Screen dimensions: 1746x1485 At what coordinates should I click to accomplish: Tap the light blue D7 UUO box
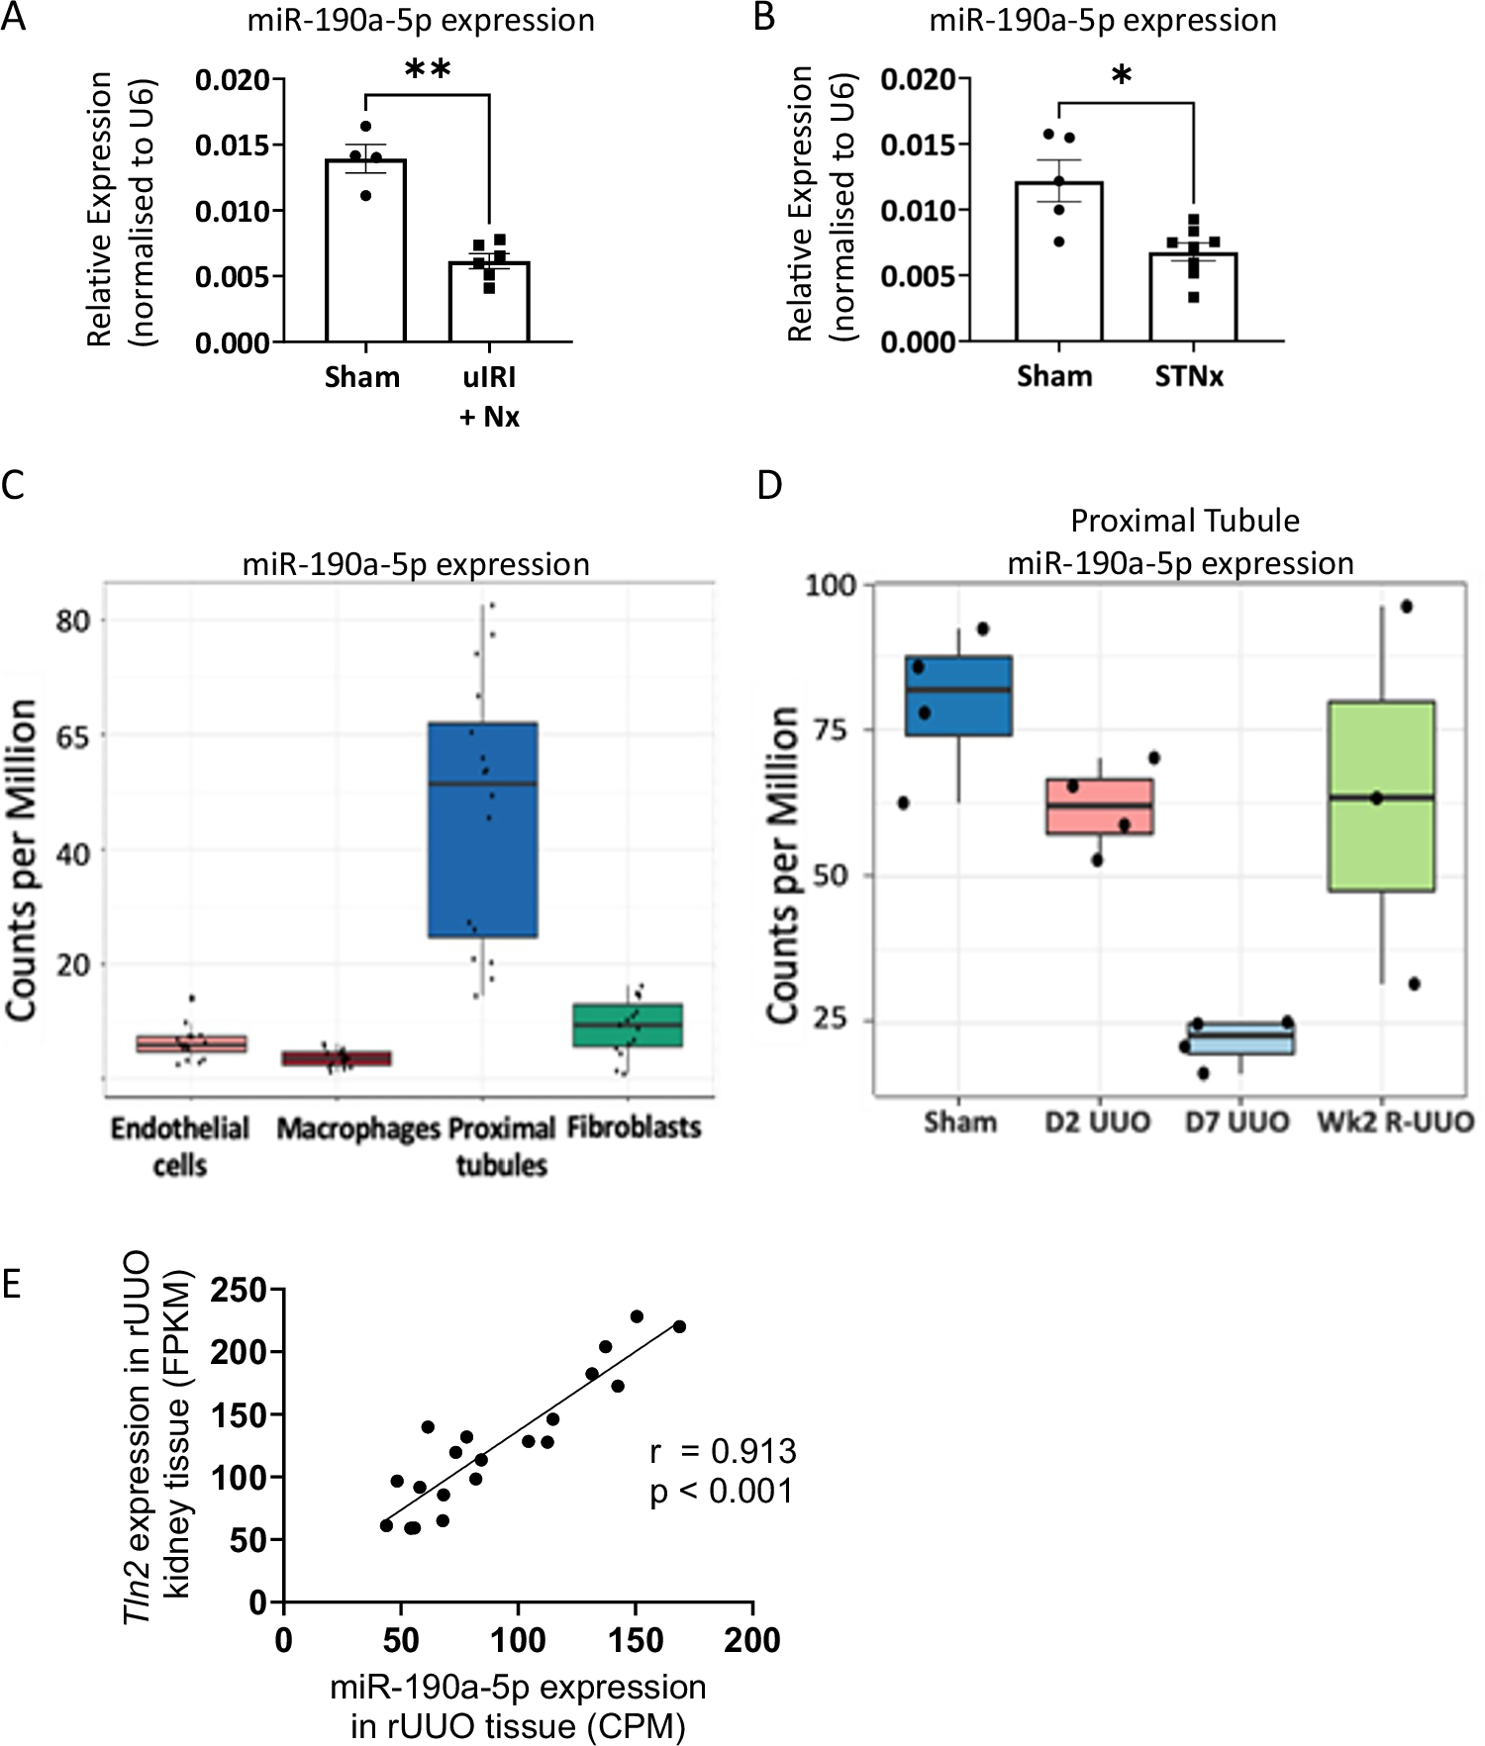click(1241, 1038)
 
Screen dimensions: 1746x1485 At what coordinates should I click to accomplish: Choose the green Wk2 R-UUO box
click(1381, 796)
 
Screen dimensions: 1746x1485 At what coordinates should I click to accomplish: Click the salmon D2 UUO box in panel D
click(1100, 806)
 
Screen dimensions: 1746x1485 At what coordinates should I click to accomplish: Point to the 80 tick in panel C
click(73, 622)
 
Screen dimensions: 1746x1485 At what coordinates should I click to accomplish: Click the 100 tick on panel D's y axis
click(830, 585)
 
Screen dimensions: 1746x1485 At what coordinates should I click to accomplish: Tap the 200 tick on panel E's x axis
click(752, 1641)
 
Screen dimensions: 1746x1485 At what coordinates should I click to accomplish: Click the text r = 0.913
click(723, 1451)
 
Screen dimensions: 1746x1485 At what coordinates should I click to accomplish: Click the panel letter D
click(769, 485)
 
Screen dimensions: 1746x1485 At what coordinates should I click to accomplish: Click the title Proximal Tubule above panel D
click(1185, 521)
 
